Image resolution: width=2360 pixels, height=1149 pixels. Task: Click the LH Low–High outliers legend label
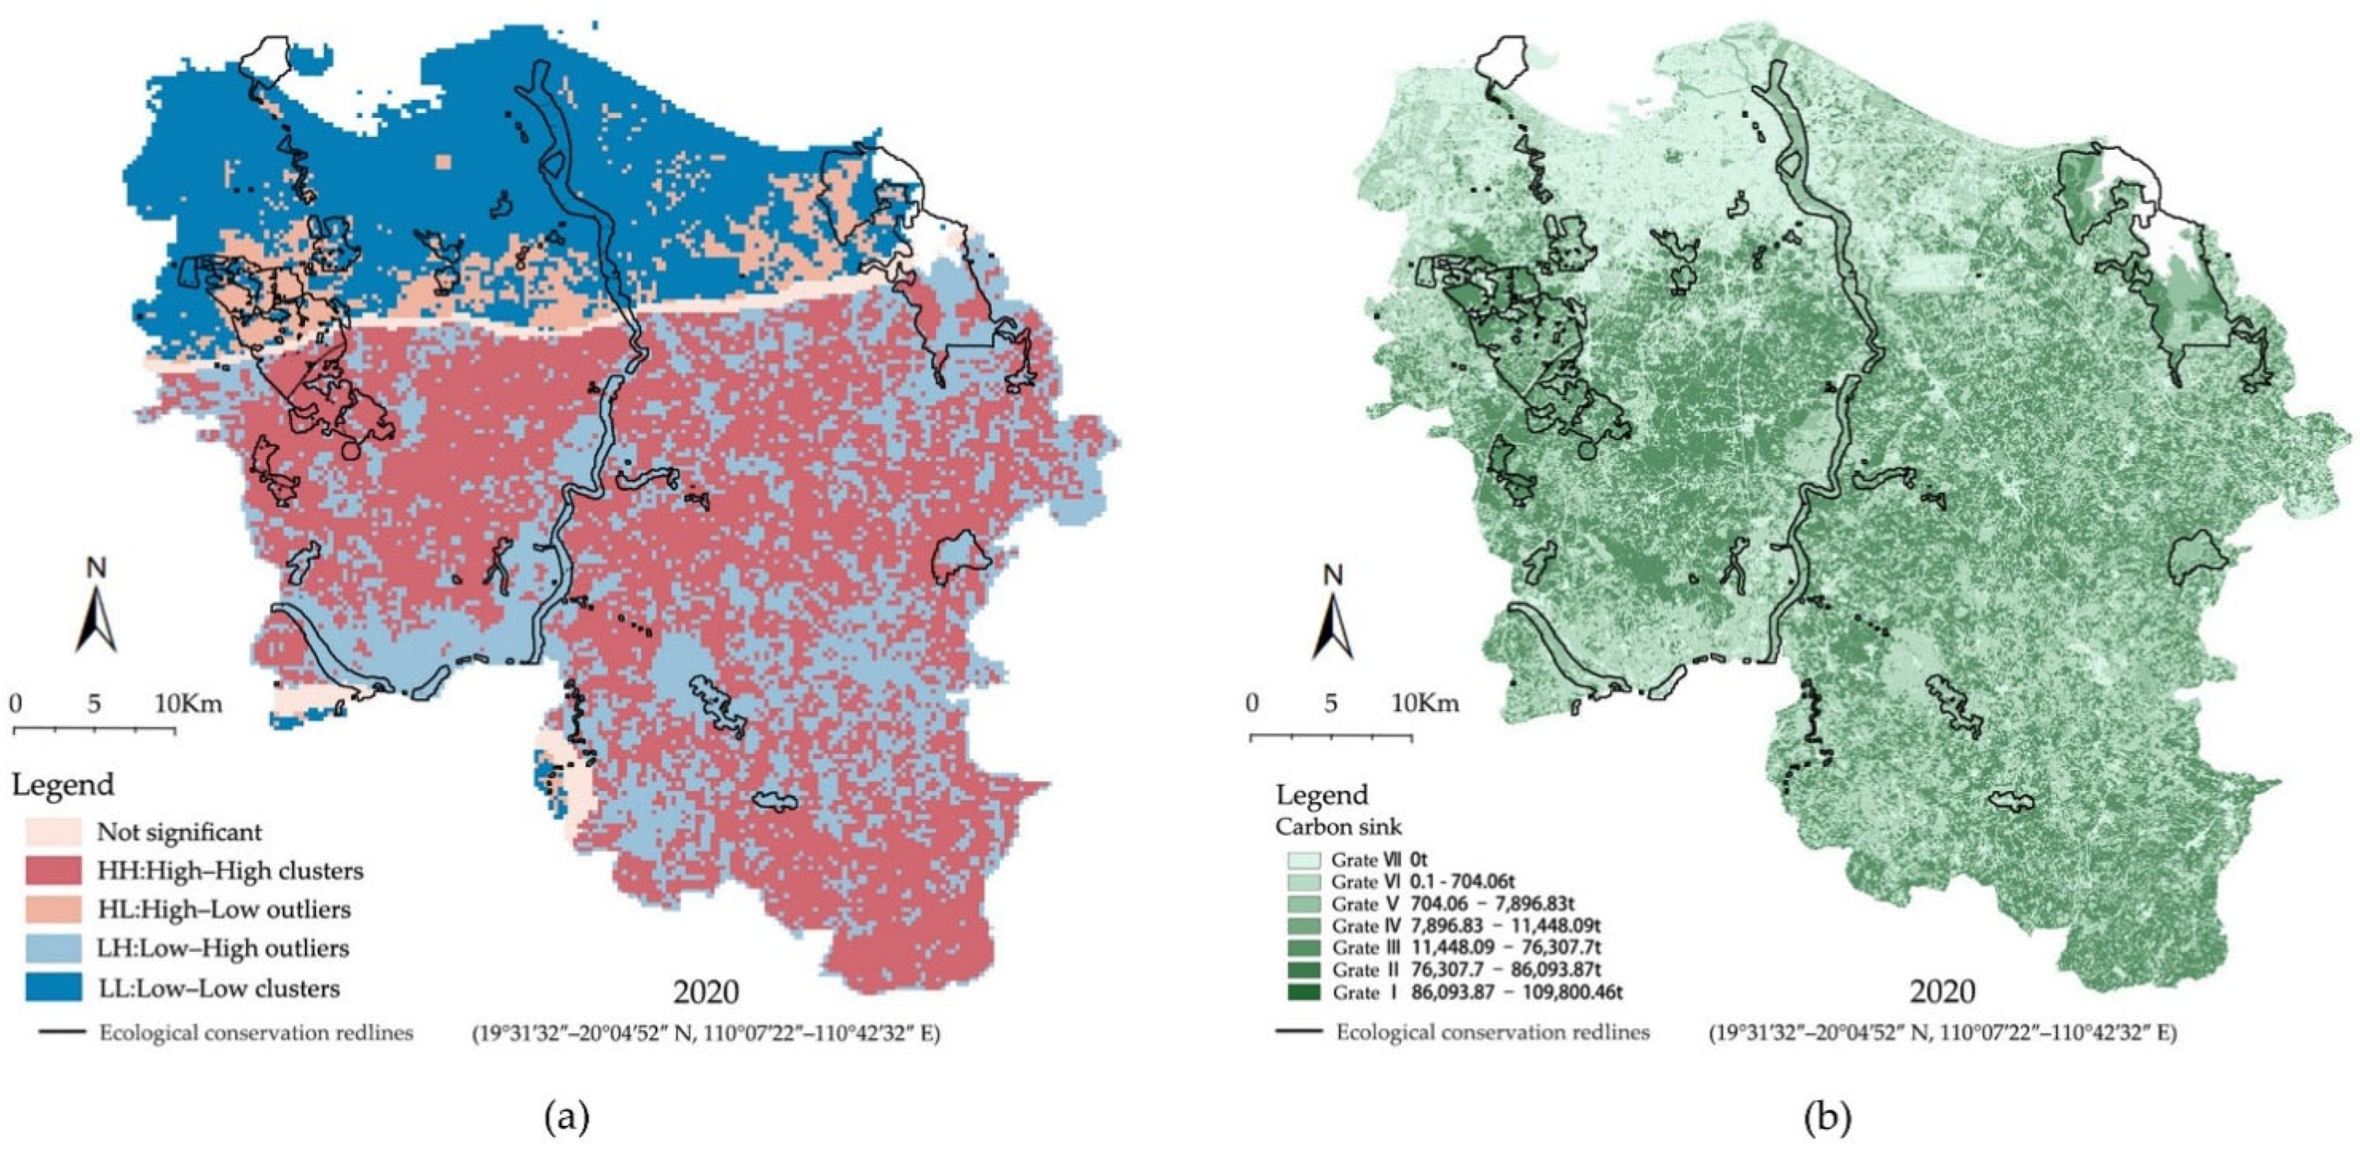pos(223,948)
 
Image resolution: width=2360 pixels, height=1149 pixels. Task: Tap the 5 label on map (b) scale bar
pos(1330,703)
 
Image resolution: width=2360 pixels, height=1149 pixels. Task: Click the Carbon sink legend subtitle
pos(1338,827)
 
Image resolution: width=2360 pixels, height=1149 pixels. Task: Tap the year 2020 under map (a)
pos(706,991)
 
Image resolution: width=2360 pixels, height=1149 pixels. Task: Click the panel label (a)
pos(567,1117)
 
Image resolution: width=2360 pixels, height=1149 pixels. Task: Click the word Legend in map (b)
pos(1322,794)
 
